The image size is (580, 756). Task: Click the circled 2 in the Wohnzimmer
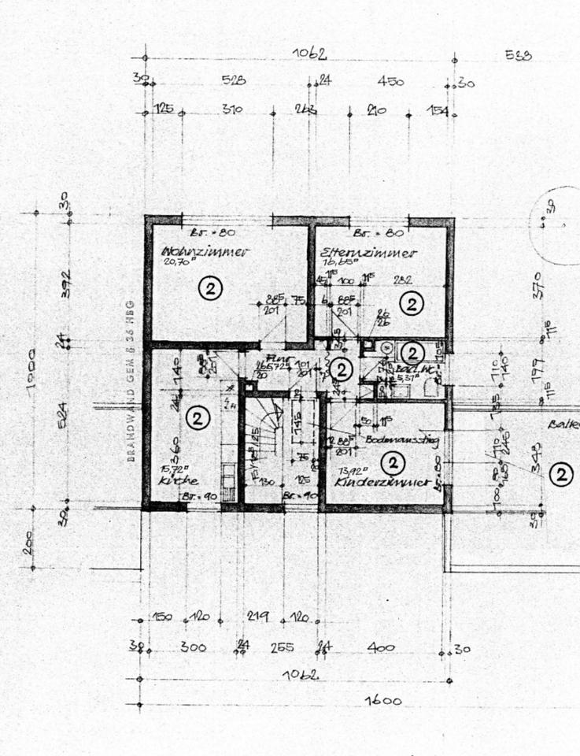(x=211, y=288)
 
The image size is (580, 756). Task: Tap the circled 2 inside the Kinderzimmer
(x=392, y=461)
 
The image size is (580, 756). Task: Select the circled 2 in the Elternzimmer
(x=412, y=303)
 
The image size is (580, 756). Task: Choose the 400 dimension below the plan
(x=380, y=647)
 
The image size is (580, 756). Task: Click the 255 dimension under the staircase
(x=283, y=647)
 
